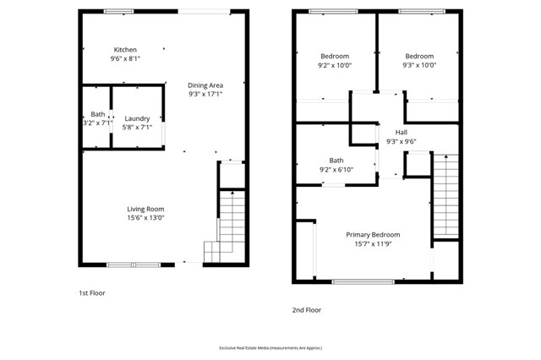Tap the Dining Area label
point(205,85)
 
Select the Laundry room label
point(137,117)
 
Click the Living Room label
point(145,209)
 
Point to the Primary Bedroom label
point(373,235)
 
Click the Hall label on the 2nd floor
point(402,133)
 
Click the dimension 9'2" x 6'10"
point(336,170)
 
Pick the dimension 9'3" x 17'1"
point(205,95)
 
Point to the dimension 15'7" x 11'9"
point(373,245)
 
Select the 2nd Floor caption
point(307,310)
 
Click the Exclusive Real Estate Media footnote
point(270,347)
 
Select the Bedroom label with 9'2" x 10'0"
point(335,56)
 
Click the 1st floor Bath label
point(97,114)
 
